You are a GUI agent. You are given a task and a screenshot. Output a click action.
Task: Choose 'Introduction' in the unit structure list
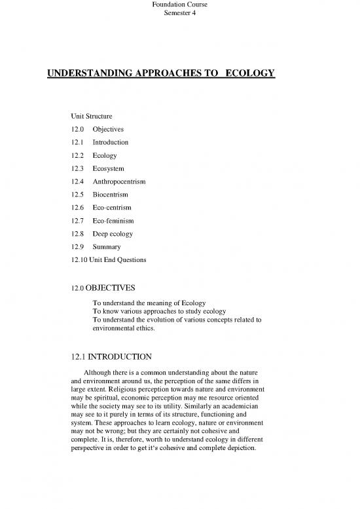pos(111,142)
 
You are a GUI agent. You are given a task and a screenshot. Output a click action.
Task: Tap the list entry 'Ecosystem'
pos(109,168)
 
